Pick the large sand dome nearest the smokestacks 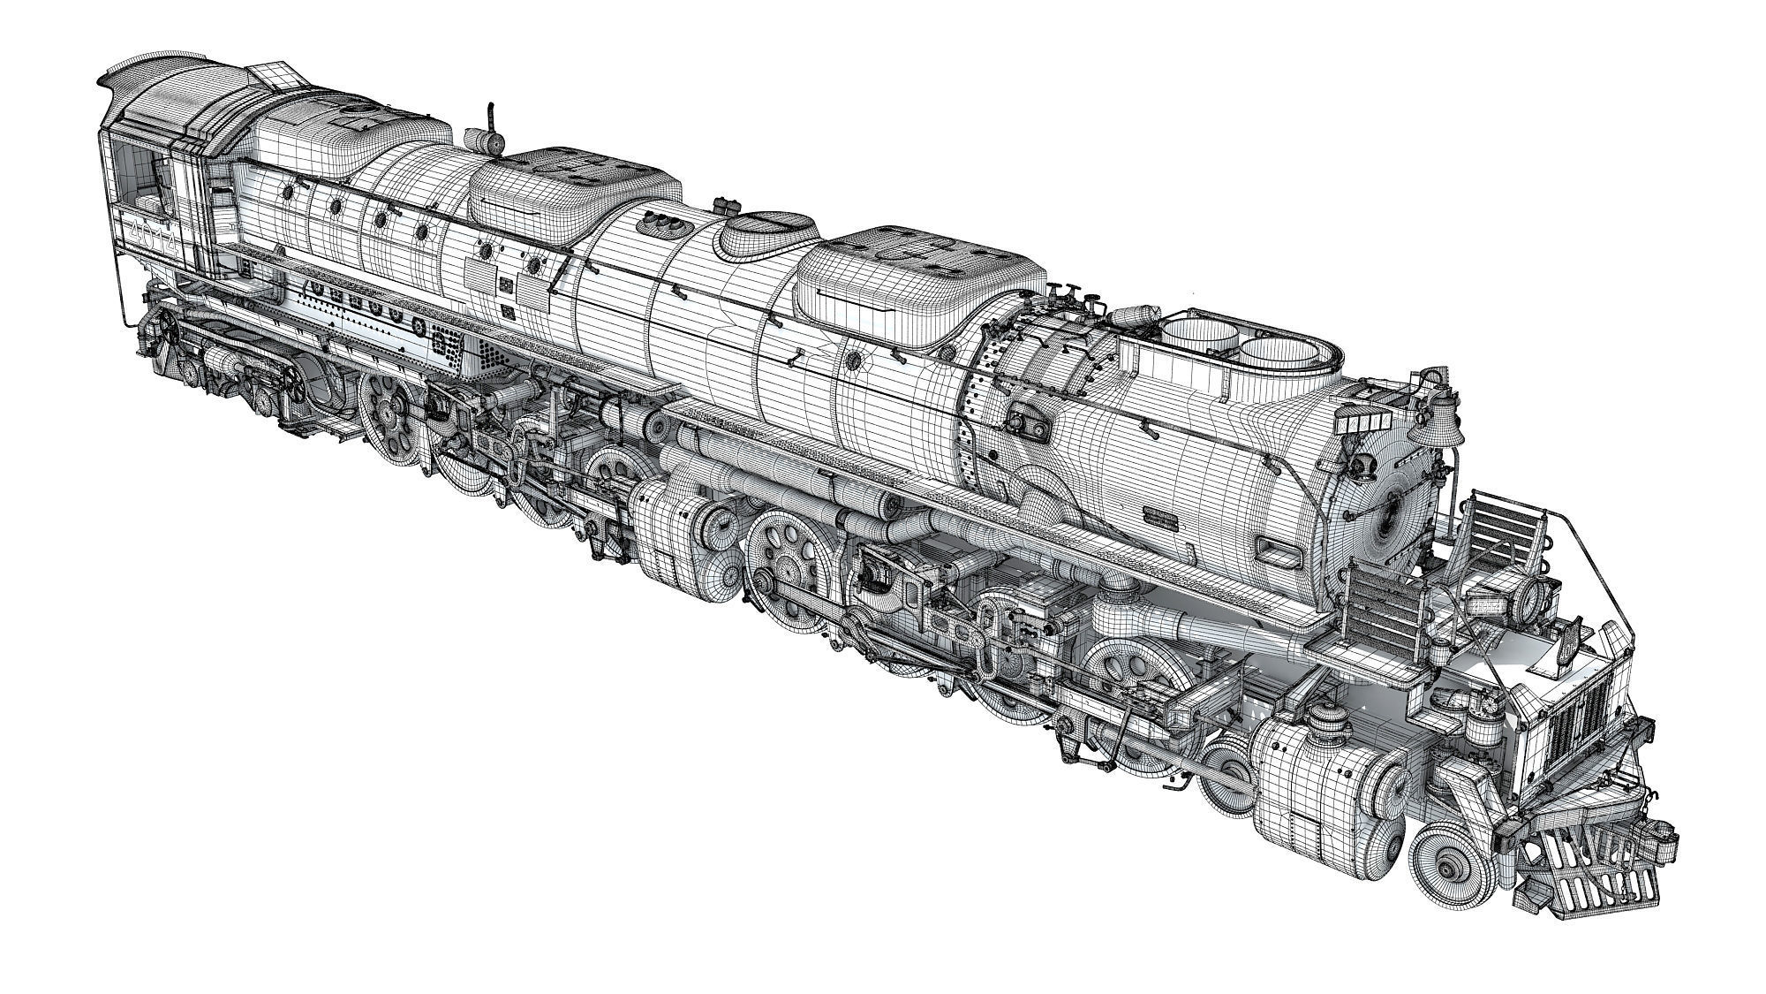click(x=918, y=274)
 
